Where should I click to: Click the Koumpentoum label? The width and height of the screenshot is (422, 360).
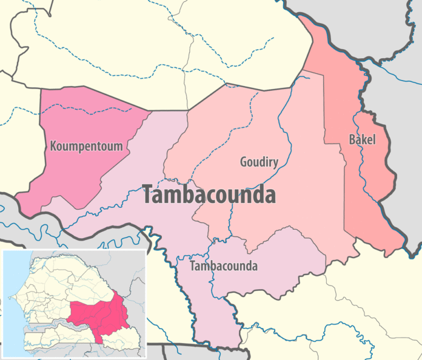(x=87, y=146)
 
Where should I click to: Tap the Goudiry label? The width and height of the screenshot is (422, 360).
(x=259, y=161)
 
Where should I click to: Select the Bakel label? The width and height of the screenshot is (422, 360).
(x=362, y=140)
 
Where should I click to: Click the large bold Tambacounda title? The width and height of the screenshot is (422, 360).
(x=209, y=195)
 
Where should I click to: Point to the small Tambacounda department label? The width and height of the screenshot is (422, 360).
(x=224, y=266)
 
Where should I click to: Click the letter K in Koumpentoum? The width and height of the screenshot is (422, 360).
(x=55, y=146)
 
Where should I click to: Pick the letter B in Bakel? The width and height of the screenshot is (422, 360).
(x=352, y=140)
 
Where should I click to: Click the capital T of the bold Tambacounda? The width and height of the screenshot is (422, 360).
(x=148, y=195)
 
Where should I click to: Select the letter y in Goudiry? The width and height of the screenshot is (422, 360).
(x=275, y=162)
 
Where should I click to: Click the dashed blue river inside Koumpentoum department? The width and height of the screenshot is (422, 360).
(x=91, y=110)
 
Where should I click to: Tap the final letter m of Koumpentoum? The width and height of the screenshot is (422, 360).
(x=118, y=147)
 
